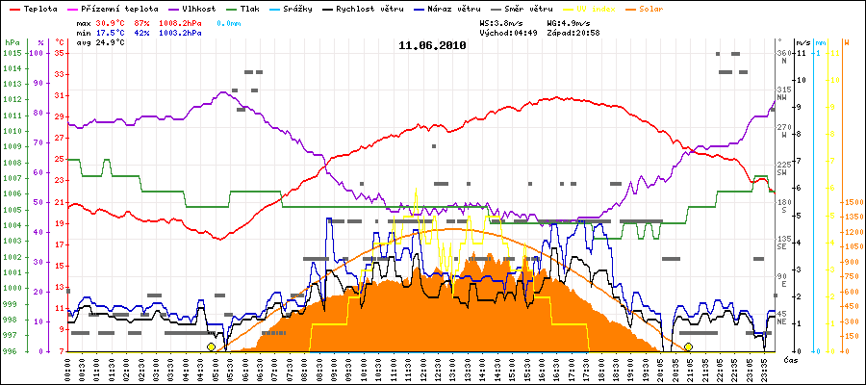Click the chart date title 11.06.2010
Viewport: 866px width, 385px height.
(x=433, y=45)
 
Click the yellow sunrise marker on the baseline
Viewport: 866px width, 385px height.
(x=212, y=346)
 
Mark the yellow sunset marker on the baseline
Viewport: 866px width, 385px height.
(x=688, y=346)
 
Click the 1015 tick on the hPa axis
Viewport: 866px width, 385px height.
(x=12, y=53)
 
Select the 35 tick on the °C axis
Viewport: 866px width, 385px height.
(x=60, y=53)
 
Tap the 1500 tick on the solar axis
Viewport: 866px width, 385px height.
(x=853, y=202)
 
